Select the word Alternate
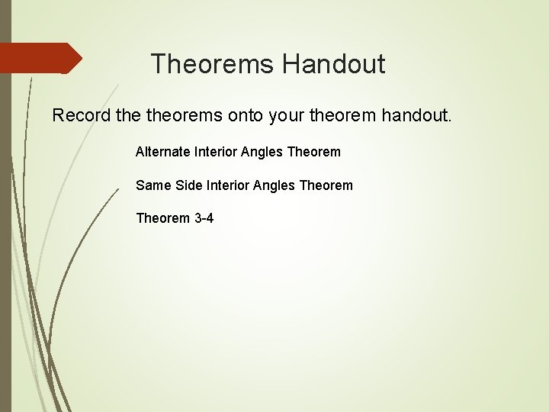click(x=162, y=152)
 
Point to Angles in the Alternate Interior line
click(x=262, y=152)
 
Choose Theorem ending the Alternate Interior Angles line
click(x=314, y=152)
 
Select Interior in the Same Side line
click(x=227, y=185)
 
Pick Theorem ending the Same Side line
click(x=326, y=185)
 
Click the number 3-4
click(x=204, y=218)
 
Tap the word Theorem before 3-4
click(x=162, y=218)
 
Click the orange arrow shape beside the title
click(x=42, y=58)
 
